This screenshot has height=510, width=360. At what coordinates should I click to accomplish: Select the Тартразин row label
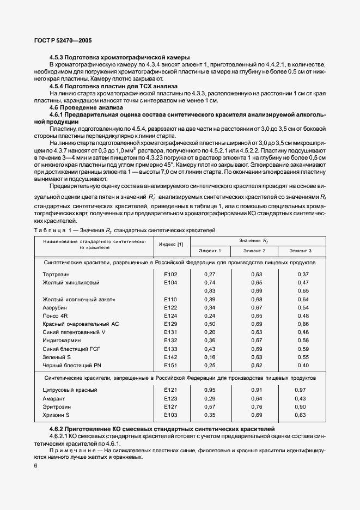click(x=56, y=274)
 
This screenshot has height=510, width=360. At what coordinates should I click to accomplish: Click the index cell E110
click(x=171, y=300)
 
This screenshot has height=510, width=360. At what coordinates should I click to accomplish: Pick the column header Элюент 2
click(x=254, y=251)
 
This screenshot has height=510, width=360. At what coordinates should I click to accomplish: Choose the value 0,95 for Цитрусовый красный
click(x=209, y=390)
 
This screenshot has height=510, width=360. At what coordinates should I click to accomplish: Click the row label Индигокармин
click(x=60, y=340)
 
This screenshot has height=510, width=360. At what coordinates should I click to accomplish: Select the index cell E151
click(x=171, y=365)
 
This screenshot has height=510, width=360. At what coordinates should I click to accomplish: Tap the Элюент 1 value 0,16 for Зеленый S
click(x=209, y=357)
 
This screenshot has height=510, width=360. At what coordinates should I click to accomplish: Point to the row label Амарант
click(x=53, y=398)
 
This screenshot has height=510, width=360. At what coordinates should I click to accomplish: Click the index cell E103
click(x=171, y=415)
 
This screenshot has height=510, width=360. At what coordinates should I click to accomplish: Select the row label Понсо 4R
click(x=55, y=316)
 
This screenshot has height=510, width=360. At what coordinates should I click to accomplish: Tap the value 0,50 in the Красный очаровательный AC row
click(x=209, y=324)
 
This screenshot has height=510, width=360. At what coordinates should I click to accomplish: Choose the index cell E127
click(x=171, y=406)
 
